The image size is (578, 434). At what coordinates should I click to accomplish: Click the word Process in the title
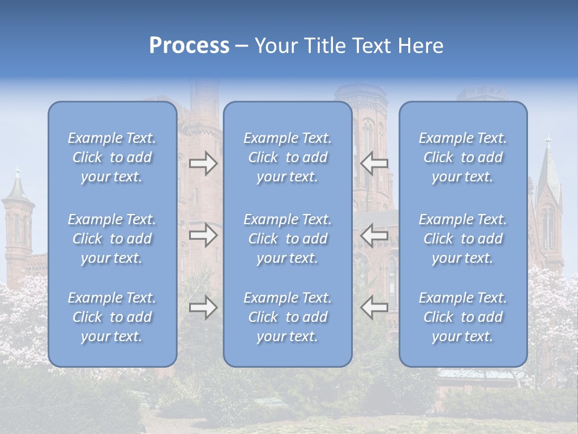[189, 46]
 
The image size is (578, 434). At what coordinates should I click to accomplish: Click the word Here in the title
[421, 46]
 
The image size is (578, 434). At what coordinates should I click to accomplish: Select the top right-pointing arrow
[204, 163]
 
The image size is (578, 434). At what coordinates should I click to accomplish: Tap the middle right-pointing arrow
[204, 235]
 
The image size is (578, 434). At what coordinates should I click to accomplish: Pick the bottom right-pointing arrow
[204, 307]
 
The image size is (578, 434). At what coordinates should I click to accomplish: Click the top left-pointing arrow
[374, 163]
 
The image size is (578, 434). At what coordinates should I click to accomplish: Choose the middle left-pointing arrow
[374, 235]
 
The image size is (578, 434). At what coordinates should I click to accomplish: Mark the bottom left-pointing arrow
[374, 307]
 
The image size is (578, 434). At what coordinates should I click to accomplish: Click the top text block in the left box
[112, 157]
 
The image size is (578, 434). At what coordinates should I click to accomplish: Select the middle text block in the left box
[112, 239]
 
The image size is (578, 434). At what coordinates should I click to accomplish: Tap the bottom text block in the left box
[112, 317]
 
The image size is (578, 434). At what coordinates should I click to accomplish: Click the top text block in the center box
[288, 157]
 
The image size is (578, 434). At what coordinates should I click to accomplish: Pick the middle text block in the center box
[288, 239]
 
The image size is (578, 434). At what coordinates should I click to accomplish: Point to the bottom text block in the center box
[288, 317]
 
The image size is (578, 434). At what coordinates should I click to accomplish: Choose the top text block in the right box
[463, 157]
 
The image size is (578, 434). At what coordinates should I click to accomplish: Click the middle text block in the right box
[463, 239]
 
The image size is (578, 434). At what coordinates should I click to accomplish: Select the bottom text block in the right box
[463, 317]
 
